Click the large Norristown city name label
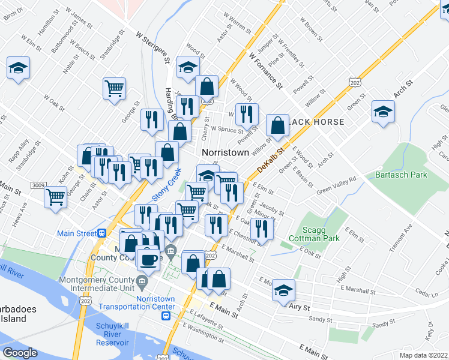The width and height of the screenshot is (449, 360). (225, 152)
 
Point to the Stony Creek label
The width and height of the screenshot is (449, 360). (166, 185)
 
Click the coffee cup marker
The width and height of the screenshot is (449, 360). (148, 259)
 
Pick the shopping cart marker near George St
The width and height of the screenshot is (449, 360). (114, 89)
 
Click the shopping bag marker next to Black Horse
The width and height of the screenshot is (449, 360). (278, 126)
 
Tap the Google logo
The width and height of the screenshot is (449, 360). (20, 353)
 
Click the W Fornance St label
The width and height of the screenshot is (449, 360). (265, 70)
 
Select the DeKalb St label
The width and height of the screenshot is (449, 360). (270, 158)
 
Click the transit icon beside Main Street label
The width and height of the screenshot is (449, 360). (103, 233)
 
